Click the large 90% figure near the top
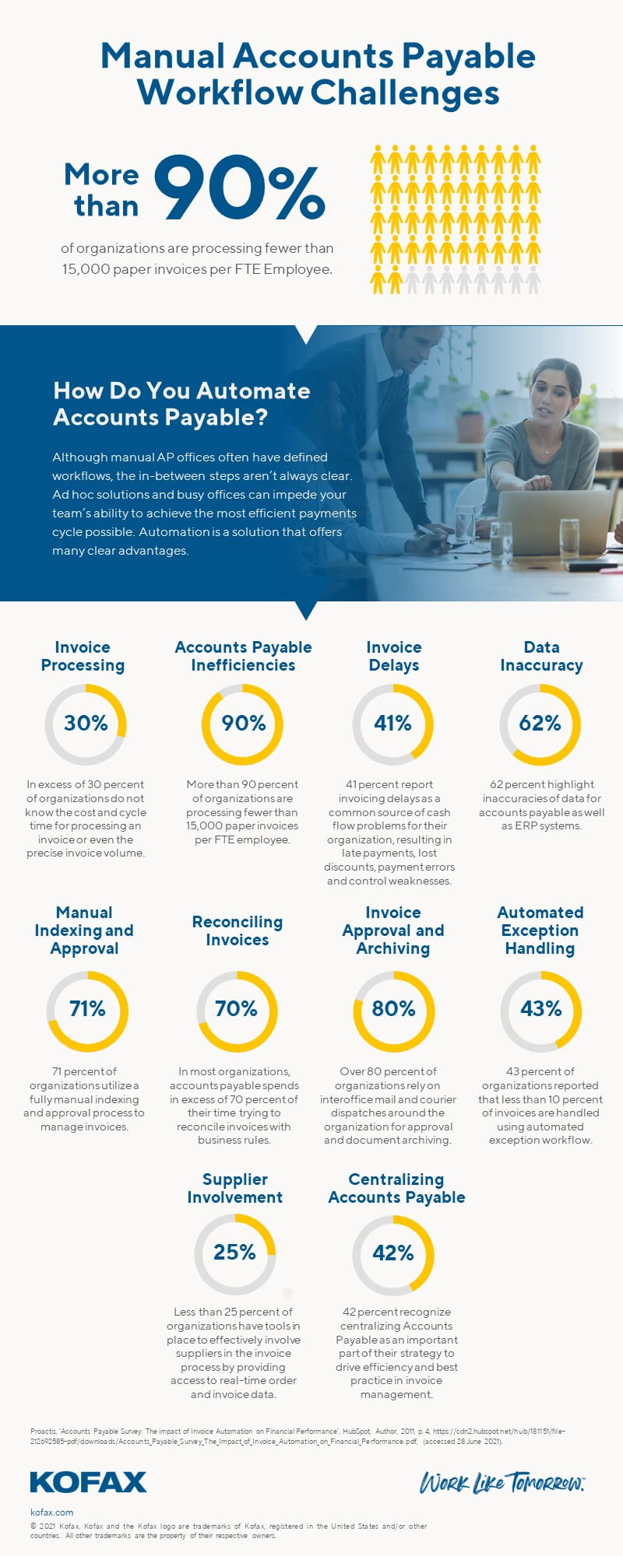tap(240, 188)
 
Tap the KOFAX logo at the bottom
tap(88, 1482)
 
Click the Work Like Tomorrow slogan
tap(502, 1483)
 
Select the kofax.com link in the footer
tap(51, 1512)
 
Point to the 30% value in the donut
tap(86, 724)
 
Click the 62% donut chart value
tap(540, 724)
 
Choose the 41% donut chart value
tap(392, 724)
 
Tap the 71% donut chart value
tap(87, 1009)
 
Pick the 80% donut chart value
tap(393, 1009)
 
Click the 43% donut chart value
tap(540, 1009)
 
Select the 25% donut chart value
tap(234, 1253)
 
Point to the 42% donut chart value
tap(393, 1253)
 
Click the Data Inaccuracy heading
tap(541, 656)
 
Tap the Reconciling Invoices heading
tap(238, 930)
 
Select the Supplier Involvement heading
tap(234, 1188)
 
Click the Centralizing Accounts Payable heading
tap(396, 1188)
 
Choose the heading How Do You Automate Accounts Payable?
tap(181, 404)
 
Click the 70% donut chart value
tap(236, 1009)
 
